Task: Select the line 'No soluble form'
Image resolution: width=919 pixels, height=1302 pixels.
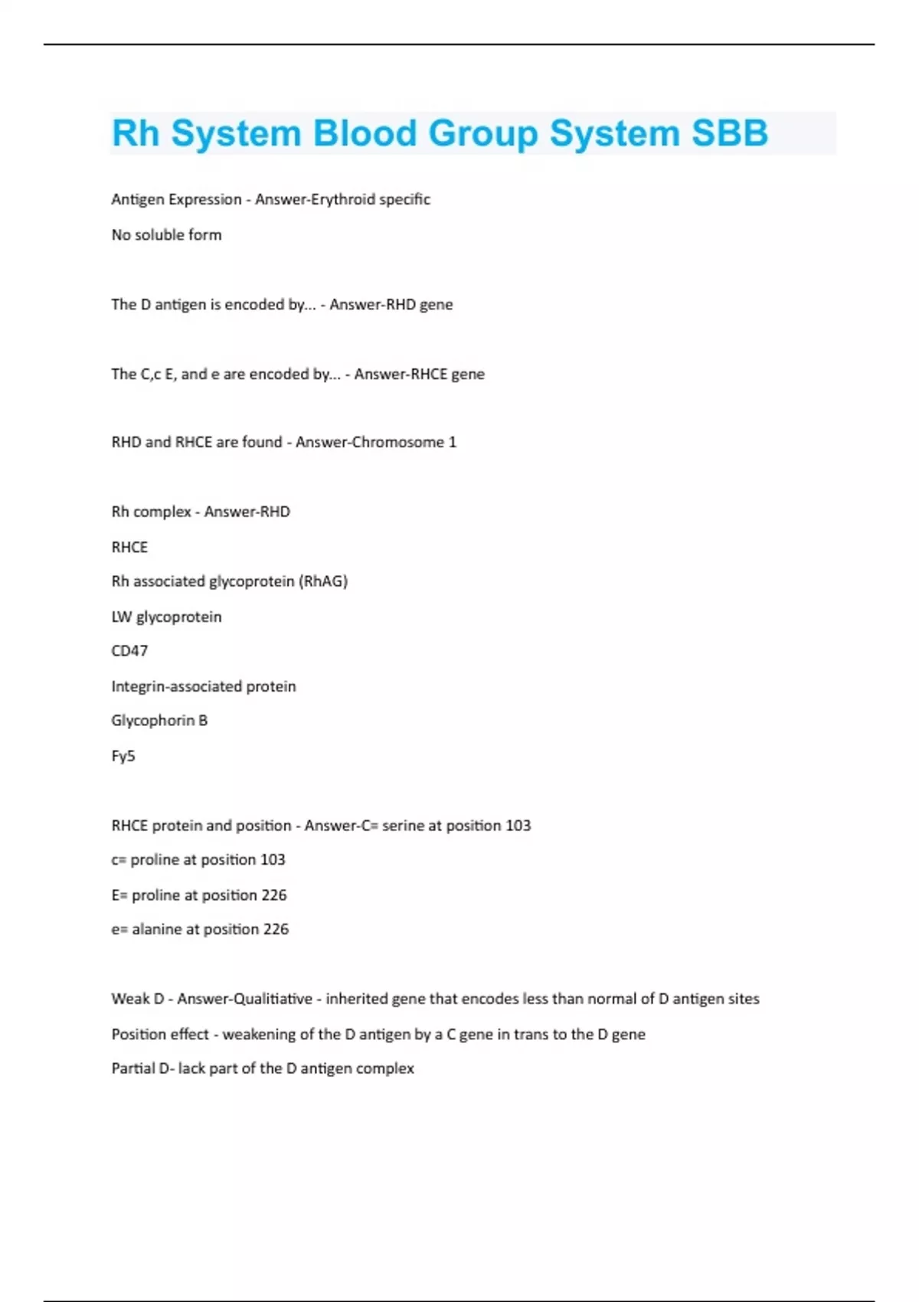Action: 166,235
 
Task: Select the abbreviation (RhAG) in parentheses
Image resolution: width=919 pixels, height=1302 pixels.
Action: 323,581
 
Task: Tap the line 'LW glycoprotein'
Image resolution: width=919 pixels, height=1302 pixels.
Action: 166,617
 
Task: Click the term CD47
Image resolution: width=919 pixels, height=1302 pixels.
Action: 129,651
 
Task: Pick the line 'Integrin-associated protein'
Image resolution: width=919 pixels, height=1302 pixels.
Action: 203,686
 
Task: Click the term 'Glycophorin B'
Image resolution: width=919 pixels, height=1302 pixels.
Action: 159,721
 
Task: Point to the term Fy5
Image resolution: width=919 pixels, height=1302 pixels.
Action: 123,756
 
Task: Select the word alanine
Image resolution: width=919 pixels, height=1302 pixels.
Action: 156,929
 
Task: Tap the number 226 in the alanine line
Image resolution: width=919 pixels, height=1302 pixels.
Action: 276,929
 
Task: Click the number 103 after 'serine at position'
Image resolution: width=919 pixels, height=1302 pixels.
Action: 518,826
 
